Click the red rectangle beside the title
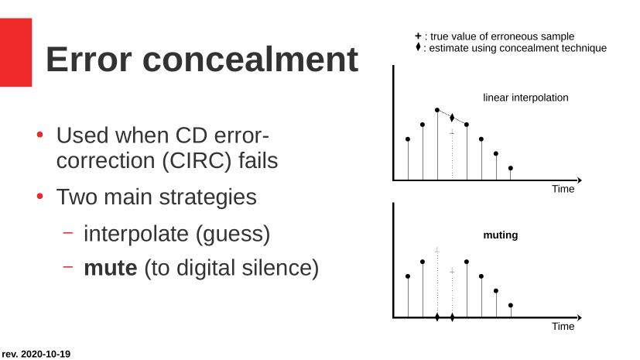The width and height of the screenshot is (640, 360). tap(15, 52)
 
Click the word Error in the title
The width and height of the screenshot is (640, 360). tap(88, 60)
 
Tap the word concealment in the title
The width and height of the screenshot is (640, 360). tap(250, 60)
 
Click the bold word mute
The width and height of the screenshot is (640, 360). tap(111, 268)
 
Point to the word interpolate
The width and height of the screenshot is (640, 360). tap(136, 234)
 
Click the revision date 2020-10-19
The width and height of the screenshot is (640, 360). tap(46, 354)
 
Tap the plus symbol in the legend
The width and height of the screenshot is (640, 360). tap(418, 36)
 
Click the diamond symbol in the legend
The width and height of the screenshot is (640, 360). tap(418, 47)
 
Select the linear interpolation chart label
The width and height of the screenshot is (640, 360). tap(525, 98)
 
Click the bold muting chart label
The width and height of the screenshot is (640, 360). tap(501, 235)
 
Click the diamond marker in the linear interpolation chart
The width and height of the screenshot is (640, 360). tap(452, 118)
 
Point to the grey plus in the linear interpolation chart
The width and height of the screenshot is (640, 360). tap(452, 132)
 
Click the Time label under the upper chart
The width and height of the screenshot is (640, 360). tap(563, 189)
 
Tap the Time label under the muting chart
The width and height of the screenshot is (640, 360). tap(563, 327)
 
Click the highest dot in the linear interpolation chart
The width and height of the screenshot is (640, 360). tap(437, 110)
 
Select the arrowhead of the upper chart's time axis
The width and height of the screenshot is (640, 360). tap(579, 180)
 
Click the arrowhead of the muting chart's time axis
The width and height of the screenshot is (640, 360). tap(579, 317)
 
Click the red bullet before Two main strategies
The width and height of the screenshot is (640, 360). tap(39, 197)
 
